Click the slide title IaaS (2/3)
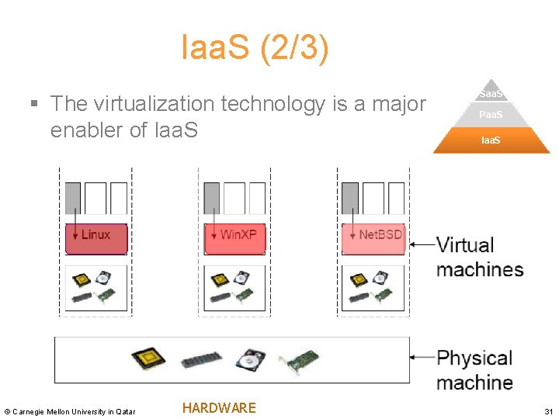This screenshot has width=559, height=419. click(255, 48)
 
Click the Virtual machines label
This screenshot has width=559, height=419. click(480, 257)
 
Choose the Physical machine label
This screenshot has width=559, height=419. click(475, 370)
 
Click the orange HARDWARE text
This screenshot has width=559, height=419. click(218, 408)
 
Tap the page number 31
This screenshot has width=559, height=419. click(548, 410)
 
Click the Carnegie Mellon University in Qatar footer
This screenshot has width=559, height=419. click(70, 411)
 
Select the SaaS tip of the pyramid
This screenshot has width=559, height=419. click(491, 93)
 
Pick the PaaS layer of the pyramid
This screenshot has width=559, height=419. click(491, 115)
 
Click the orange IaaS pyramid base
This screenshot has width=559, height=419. click(491, 140)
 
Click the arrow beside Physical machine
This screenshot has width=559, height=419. click(422, 358)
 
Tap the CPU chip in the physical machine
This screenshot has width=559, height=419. click(148, 358)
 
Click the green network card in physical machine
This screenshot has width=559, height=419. click(299, 361)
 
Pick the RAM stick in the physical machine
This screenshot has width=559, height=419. click(196, 361)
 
